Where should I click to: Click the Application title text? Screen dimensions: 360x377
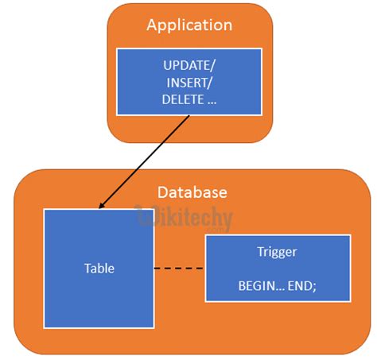click(x=189, y=25)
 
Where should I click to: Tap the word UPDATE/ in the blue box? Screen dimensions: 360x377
click(x=189, y=65)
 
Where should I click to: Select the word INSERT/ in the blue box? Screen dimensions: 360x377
click(x=189, y=83)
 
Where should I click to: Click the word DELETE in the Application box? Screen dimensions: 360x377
click(x=180, y=100)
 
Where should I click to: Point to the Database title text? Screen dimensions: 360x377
click(x=192, y=192)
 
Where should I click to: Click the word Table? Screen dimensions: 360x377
click(x=99, y=269)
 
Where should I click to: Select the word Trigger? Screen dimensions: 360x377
click(x=278, y=252)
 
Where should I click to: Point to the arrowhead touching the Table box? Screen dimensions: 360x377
click(x=101, y=207)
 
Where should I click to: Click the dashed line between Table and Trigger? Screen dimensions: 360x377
click(x=179, y=269)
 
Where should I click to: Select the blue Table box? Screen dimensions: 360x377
click(x=99, y=302)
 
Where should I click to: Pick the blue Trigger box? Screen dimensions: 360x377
click(x=278, y=269)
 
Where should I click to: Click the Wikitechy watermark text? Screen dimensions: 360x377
click(x=185, y=217)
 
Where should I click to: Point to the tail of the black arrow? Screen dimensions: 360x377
click(x=190, y=116)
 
